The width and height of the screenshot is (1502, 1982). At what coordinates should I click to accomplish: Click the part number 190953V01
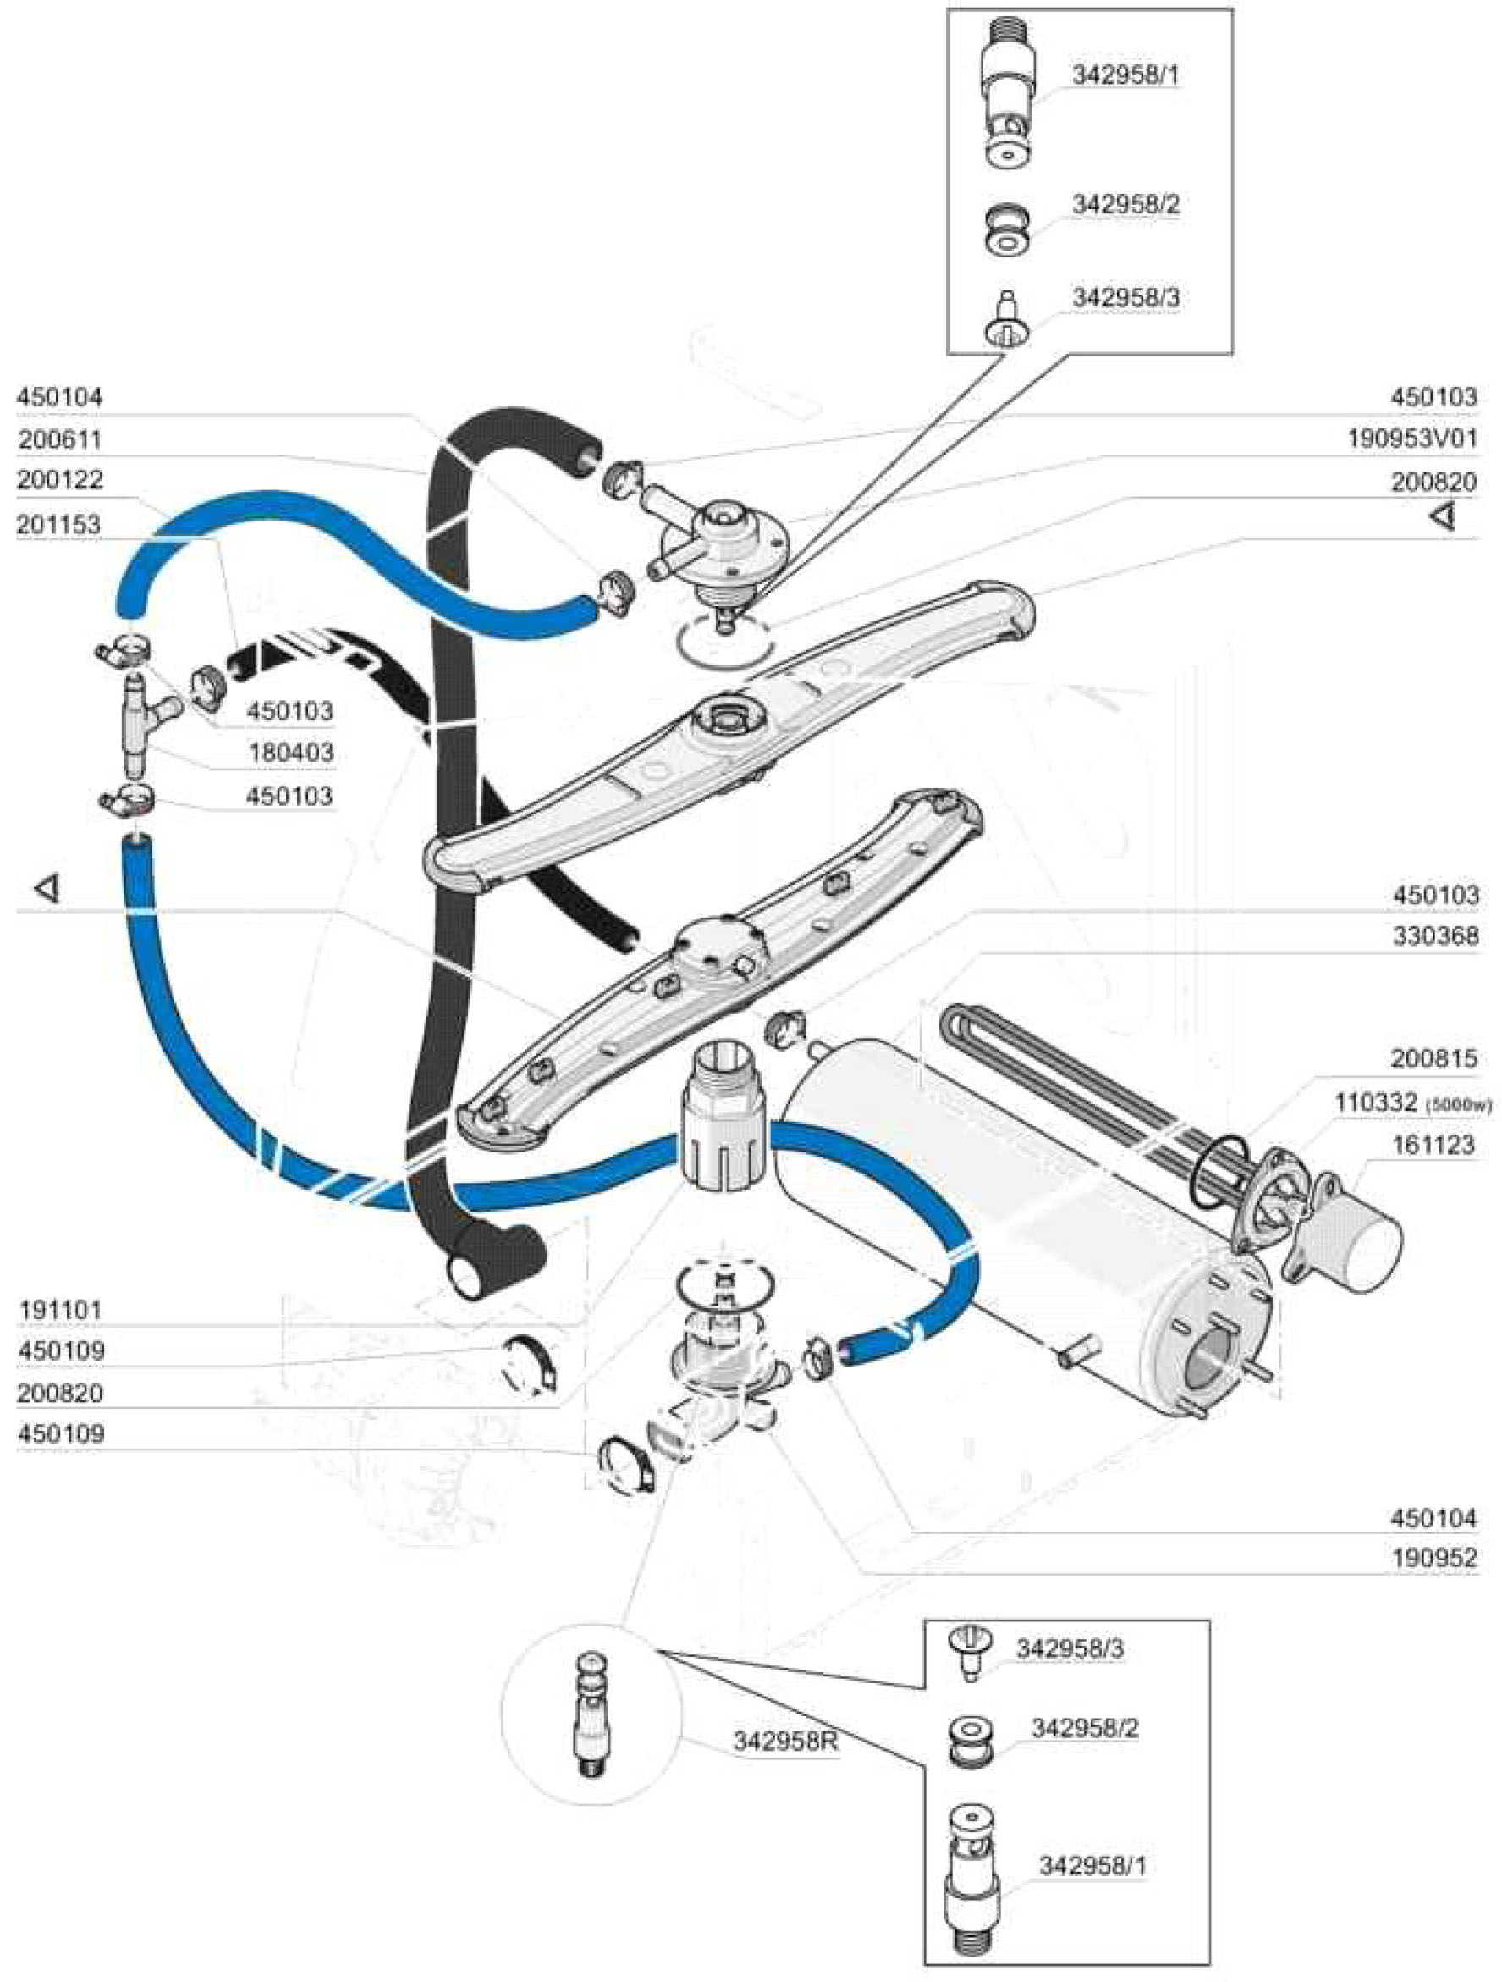(x=1411, y=439)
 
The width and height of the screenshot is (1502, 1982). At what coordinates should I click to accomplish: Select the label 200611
(x=59, y=440)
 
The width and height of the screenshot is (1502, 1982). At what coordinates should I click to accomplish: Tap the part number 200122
(x=59, y=479)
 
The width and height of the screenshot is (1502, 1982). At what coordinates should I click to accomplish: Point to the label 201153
(x=59, y=524)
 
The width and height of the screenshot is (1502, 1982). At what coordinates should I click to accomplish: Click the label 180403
(x=290, y=753)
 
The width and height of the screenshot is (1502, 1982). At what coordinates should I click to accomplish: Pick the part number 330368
(x=1434, y=936)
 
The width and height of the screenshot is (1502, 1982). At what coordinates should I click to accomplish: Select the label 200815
(x=1433, y=1059)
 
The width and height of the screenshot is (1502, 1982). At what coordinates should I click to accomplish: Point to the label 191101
(x=61, y=1310)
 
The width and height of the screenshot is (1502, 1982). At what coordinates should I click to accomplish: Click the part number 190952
(x=1433, y=1558)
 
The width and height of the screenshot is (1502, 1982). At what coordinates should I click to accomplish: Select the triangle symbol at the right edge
(x=1442, y=517)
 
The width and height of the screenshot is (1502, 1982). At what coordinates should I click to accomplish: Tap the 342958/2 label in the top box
(x=1125, y=205)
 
